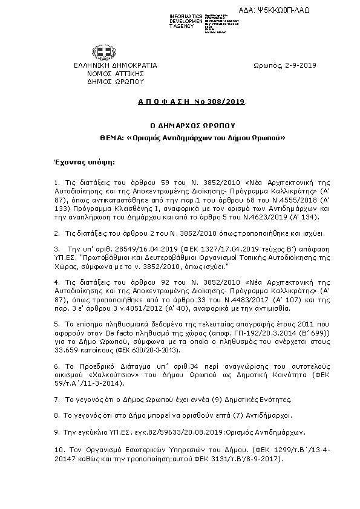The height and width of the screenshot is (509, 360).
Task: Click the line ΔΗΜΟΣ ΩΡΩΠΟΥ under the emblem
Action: [115, 80]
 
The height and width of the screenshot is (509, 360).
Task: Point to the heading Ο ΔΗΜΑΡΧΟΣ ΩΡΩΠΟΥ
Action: [192, 127]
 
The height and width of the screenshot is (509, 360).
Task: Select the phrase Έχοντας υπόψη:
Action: [84, 163]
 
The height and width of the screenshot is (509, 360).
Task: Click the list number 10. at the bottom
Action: [59, 450]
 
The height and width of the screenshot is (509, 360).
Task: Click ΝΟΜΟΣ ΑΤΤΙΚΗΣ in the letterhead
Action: [115, 73]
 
